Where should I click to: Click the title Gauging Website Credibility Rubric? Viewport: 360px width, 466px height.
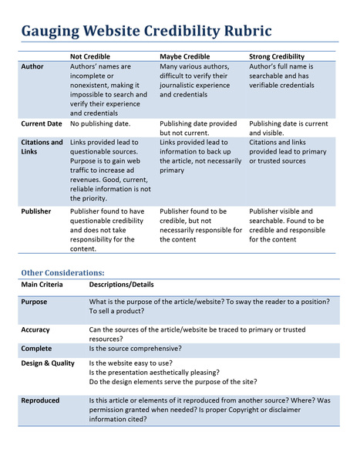[x=146, y=32]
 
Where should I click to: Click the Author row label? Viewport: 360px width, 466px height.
[x=33, y=67]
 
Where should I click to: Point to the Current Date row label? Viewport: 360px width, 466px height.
[x=42, y=123]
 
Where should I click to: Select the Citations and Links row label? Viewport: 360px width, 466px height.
[x=42, y=147]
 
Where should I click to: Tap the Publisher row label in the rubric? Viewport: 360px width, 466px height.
[x=36, y=211]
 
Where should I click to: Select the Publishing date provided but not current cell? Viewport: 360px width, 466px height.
[x=198, y=127]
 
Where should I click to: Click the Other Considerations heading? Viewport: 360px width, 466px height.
[x=62, y=272]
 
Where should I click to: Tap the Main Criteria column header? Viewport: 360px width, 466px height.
[x=43, y=285]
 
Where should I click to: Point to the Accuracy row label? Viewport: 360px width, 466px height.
[x=35, y=329]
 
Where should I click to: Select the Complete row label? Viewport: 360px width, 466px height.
[x=36, y=348]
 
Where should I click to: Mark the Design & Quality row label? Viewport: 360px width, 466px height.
[x=48, y=363]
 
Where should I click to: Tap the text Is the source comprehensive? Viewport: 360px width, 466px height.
[x=136, y=348]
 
